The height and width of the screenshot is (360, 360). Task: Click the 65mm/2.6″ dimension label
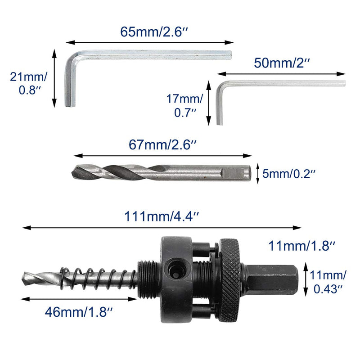154,31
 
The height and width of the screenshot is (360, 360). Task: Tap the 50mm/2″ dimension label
282,63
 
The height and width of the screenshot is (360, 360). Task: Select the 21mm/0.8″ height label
28,83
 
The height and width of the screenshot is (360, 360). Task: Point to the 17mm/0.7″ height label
184,106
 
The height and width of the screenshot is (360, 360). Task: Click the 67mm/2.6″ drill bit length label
162,144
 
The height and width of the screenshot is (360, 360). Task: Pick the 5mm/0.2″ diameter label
288,174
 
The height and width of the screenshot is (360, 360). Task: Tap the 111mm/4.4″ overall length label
162,216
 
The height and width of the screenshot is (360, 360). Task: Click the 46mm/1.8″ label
79,312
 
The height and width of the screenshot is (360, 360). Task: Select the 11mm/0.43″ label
328,282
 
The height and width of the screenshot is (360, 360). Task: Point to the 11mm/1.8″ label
301,246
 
